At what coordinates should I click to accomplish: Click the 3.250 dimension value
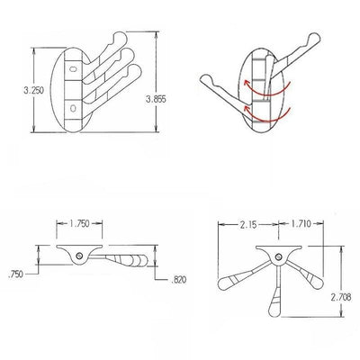pos(34,90)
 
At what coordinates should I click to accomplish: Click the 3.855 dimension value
pos(156,99)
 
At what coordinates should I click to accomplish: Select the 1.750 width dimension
pos(79,223)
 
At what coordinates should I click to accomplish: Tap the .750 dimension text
pos(15,274)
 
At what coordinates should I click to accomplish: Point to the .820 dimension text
pos(178,280)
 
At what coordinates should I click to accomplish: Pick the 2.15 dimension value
pos(248,225)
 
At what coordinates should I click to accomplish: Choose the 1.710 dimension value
pos(301,223)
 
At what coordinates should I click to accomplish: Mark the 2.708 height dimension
pos(341,298)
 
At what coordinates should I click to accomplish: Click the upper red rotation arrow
pos(266,89)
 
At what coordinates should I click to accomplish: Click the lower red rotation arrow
pos(266,115)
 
